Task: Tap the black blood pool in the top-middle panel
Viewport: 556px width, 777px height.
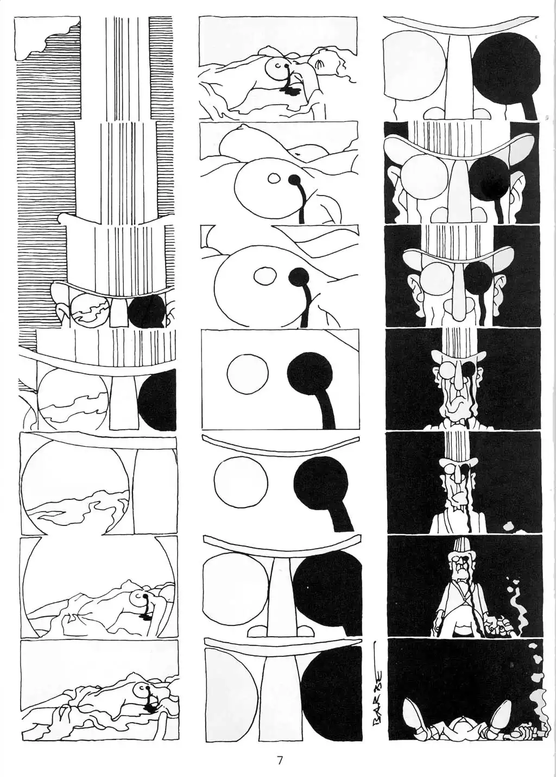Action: pyautogui.click(x=290, y=91)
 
